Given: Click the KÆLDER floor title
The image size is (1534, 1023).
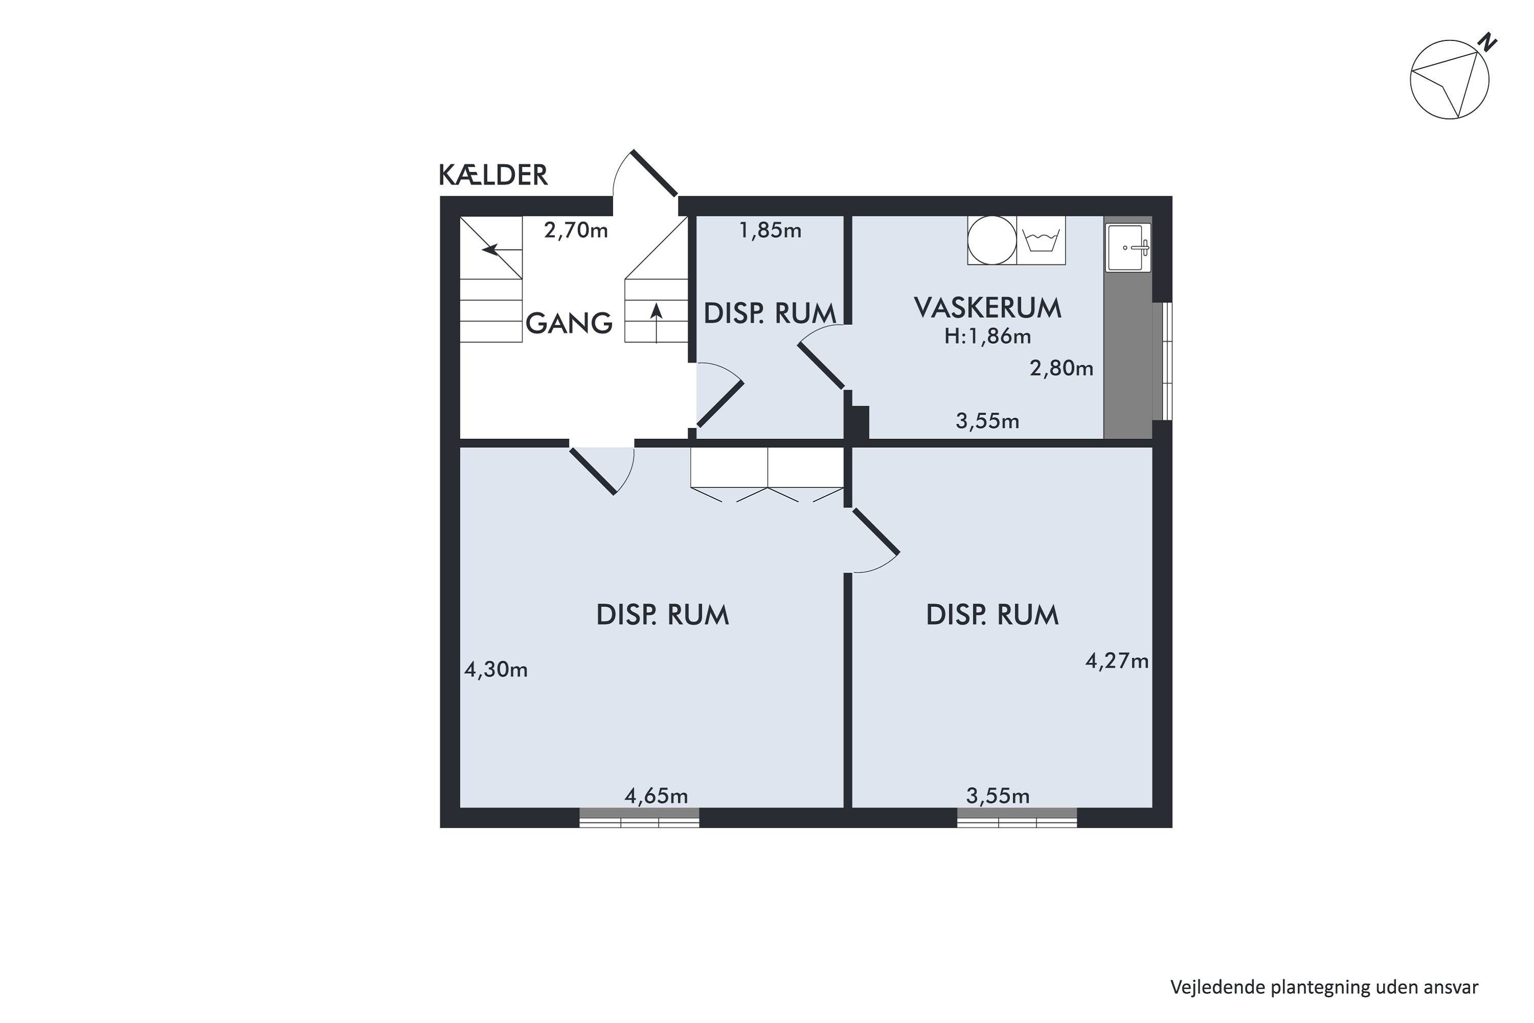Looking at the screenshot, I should (492, 175).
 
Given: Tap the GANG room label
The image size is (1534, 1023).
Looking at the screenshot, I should (569, 324).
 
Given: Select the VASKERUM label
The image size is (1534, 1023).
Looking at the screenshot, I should (987, 308).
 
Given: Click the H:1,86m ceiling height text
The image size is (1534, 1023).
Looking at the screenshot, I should (987, 337).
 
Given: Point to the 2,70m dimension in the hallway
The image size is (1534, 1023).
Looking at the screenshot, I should (576, 230).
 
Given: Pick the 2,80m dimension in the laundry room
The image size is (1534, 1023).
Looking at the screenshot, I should (1061, 369).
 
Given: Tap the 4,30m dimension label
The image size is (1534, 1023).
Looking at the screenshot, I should (495, 670).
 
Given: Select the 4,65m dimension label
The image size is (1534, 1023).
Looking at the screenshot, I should (656, 796).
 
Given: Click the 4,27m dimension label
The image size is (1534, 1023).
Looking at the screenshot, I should (1117, 661).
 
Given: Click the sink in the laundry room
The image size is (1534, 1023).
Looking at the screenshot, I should (1127, 247).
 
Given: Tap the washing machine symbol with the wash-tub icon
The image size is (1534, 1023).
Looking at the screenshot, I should (1041, 241).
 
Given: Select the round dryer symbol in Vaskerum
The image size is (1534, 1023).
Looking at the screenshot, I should (992, 241).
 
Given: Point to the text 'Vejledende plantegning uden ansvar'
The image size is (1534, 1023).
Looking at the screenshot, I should (1324, 987).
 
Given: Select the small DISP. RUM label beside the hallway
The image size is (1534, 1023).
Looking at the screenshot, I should (770, 315).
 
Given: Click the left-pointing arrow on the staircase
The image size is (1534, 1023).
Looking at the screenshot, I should (490, 249).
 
